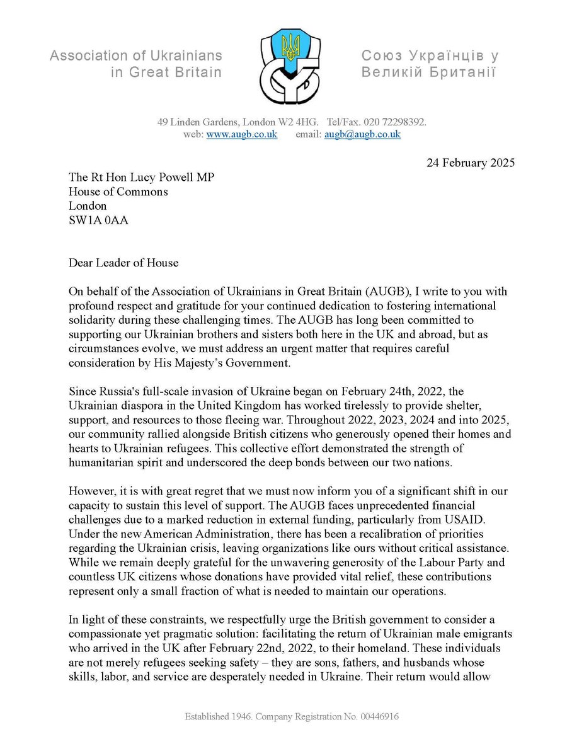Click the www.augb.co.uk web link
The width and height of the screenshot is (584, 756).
click(242, 135)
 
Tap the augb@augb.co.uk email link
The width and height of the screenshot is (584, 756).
click(362, 135)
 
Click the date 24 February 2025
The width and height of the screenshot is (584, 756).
click(467, 163)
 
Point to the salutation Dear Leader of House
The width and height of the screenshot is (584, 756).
click(127, 263)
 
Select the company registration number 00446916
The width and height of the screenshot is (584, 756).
click(375, 717)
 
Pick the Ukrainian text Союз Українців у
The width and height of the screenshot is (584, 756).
click(430, 56)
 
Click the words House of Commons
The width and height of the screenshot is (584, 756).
click(118, 192)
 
